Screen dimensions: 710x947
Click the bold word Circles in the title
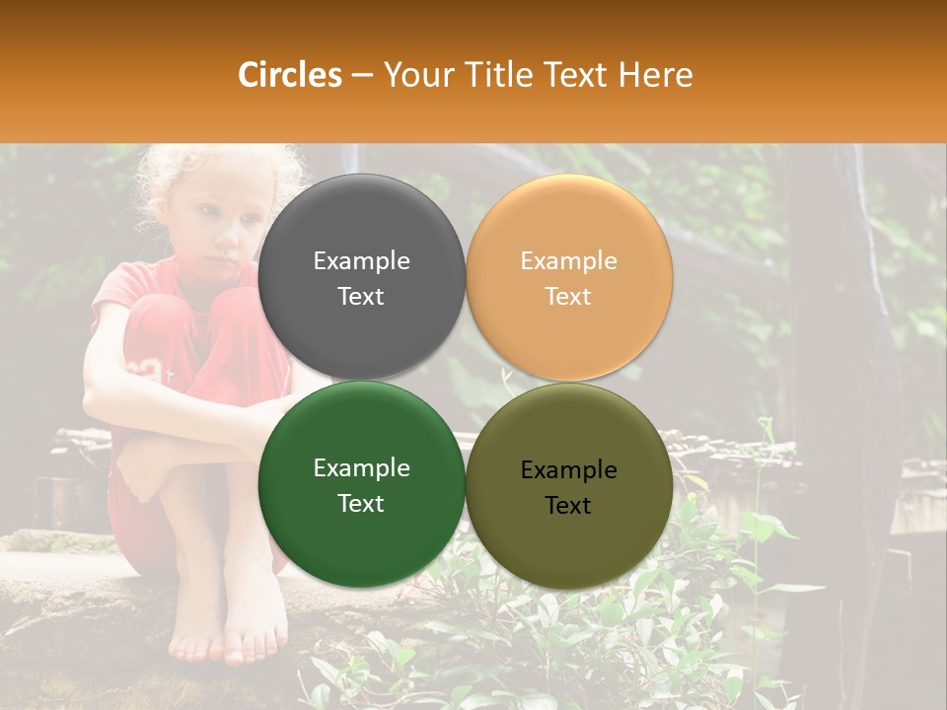pyautogui.click(x=289, y=75)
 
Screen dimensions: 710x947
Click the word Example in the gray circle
pyautogui.click(x=361, y=260)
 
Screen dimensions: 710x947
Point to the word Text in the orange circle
pyautogui.click(x=568, y=297)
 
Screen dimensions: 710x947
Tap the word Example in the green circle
pyautogui.click(x=361, y=467)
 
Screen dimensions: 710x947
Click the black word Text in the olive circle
pyautogui.click(x=568, y=506)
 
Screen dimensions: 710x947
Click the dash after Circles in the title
pyautogui.click(x=362, y=76)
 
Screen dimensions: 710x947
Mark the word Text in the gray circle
pyautogui.click(x=361, y=297)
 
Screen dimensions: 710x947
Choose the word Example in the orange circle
pyautogui.click(x=568, y=260)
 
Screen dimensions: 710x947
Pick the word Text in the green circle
pyautogui.click(x=361, y=504)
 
